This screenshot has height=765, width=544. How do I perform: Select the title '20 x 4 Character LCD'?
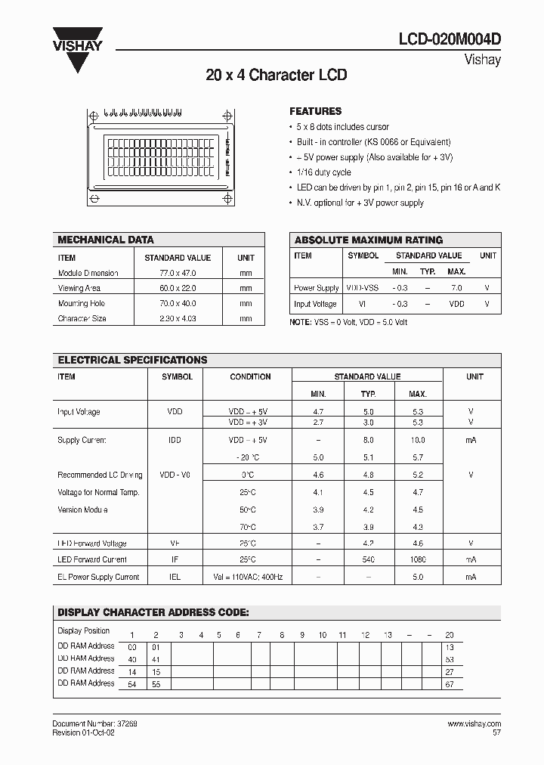pos(277,76)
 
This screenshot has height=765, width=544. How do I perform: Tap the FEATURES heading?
pos(316,111)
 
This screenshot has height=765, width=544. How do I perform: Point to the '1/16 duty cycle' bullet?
pos(323,172)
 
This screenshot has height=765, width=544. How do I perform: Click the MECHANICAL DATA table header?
pos(106,240)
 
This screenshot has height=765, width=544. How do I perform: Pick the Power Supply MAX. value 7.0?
pos(456,288)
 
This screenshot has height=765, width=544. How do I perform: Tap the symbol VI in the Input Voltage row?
pos(363,304)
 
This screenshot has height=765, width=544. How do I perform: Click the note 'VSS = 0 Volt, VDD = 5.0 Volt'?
pos(348,322)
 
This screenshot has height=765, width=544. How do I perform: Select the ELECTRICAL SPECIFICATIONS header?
pos(132,361)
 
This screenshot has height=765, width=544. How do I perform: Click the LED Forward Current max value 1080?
pos(417,560)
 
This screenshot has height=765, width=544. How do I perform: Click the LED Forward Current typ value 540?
pos(368,560)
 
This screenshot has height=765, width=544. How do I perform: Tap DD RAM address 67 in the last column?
pos(450,684)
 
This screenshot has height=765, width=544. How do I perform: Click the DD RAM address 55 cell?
pos(156,684)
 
